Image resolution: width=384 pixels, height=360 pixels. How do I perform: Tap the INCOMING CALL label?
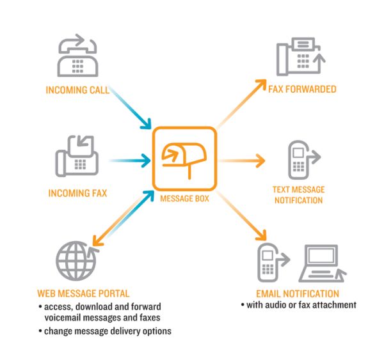78,90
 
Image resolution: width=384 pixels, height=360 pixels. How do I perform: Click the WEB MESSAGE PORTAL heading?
83,293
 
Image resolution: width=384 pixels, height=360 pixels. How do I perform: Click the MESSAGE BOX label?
184,198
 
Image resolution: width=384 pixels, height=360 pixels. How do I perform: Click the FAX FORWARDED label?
302,90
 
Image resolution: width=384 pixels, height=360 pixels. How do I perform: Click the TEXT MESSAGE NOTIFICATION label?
298,194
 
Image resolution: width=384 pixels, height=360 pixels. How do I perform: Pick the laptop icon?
323,263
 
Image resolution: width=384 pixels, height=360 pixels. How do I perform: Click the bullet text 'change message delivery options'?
106,331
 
